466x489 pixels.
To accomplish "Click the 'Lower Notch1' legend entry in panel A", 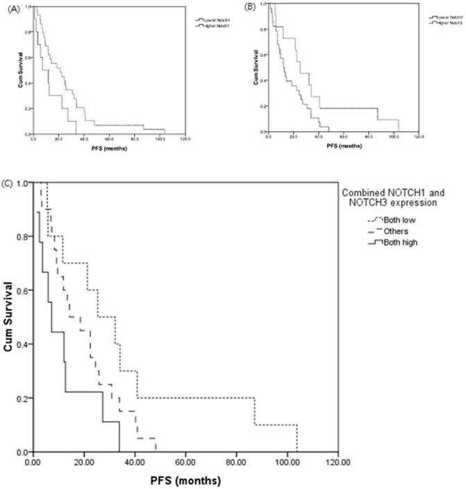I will pyautogui.click(x=214, y=21).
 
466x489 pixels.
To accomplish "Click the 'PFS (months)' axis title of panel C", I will pyautogui.click(x=185, y=479).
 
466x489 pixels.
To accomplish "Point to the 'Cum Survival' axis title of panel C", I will pyautogui.click(x=9, y=317).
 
